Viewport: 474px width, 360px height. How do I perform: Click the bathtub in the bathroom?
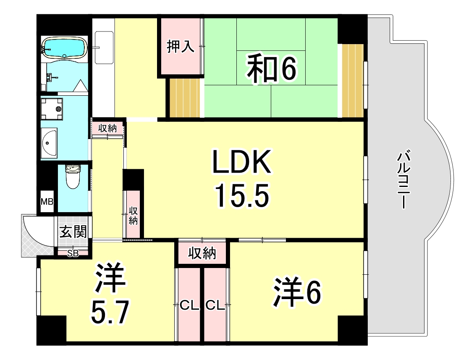tap(64, 47)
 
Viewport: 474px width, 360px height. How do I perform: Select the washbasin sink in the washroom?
tap(50, 143)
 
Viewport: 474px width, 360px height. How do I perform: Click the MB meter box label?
tap(47, 202)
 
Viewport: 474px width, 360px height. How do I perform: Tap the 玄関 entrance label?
tap(73, 231)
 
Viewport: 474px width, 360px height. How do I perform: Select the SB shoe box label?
tap(73, 253)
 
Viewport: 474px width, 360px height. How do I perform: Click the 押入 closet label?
tap(181, 47)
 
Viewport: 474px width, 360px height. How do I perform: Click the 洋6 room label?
tap(298, 292)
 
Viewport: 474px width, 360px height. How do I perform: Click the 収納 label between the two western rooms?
tap(202, 254)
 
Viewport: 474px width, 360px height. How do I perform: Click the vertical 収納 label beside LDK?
tap(133, 215)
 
